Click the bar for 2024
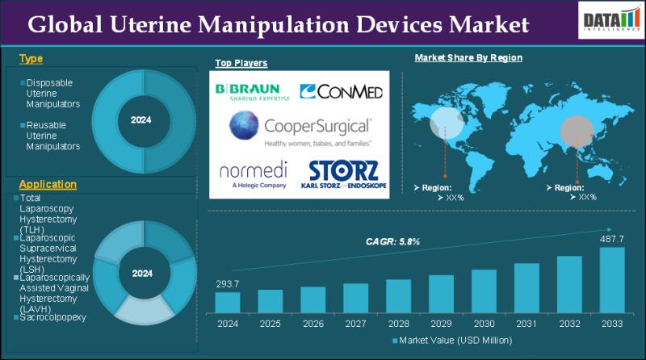(x=228, y=302)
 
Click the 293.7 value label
(x=228, y=283)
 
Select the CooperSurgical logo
(x=299, y=129)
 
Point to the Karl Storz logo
(x=342, y=174)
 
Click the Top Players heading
(x=241, y=63)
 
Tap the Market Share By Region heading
(x=468, y=58)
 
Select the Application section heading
(x=48, y=185)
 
